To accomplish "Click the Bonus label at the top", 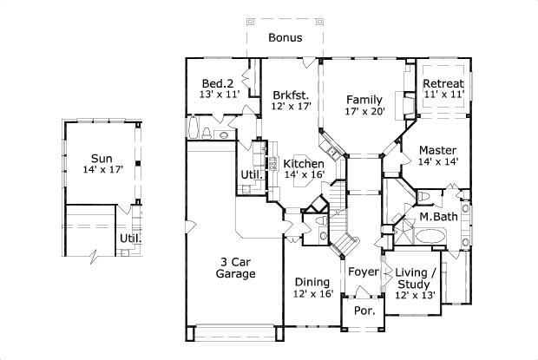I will coord(285,38).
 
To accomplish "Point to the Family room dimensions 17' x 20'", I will coord(364,112).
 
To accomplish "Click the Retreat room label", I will coord(443,83).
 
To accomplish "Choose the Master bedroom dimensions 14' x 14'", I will coord(437,160).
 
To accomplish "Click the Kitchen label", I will coord(304,164).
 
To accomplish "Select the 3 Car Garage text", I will coord(235,268).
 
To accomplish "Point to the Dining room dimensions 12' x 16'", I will coord(312,294).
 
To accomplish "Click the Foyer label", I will coord(364,272).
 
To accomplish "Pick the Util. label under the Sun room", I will coord(130,238).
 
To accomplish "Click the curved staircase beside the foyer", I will coord(345,239).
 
